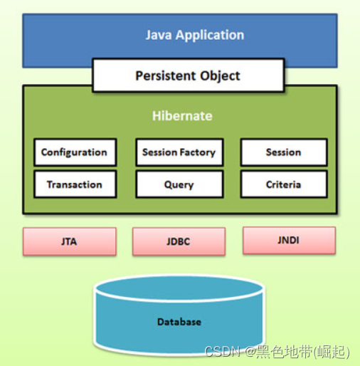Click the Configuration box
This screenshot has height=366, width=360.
tap(74, 152)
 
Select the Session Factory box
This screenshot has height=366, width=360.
tap(179, 152)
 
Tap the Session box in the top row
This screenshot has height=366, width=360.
tap(283, 152)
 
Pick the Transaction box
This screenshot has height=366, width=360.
tap(74, 184)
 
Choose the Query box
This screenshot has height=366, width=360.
tap(179, 184)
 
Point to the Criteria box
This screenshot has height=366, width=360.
tap(283, 184)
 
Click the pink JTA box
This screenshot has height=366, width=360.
tap(69, 241)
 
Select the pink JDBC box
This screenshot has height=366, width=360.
tap(179, 241)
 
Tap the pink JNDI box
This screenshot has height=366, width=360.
tap(288, 240)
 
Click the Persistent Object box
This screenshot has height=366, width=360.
tap(188, 75)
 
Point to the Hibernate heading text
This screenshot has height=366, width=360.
tap(182, 115)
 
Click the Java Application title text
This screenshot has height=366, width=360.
tap(194, 35)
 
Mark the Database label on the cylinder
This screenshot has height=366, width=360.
tap(179, 322)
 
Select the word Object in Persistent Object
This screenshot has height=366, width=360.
tap(220, 75)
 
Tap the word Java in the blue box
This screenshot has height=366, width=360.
tap(159, 35)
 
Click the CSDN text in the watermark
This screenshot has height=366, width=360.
tap(220, 352)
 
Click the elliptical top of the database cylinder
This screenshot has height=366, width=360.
tap(179, 289)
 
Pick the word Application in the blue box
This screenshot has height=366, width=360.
tap(210, 35)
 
